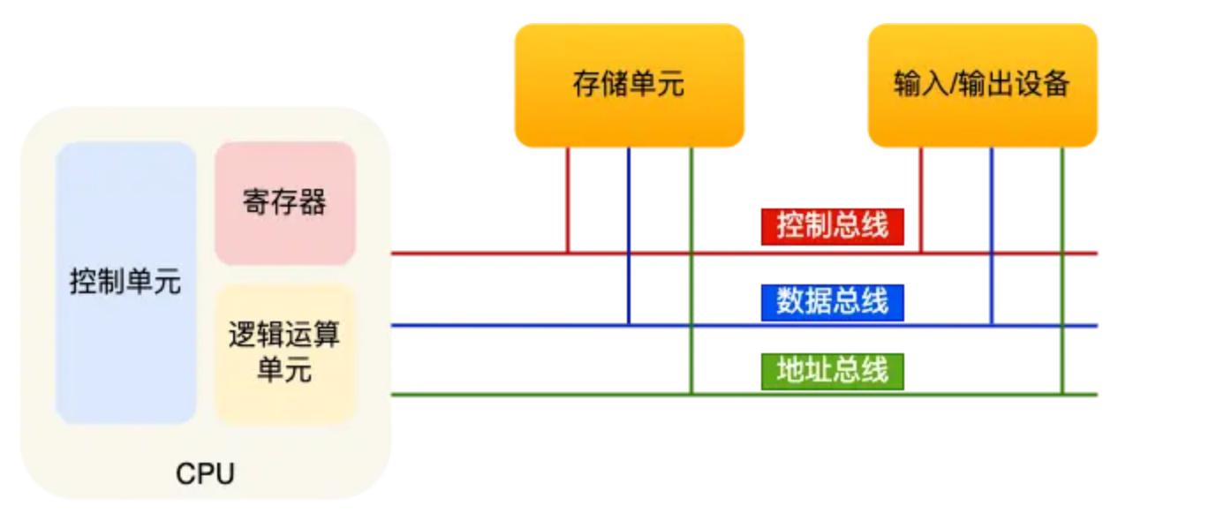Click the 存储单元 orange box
629,85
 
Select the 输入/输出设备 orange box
982,85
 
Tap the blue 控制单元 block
125,283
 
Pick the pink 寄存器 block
284,203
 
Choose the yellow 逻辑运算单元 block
284,352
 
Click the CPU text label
205,474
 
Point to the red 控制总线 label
832,226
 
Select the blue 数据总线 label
832,302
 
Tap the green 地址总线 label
832,371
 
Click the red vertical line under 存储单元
567,200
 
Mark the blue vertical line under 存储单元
629,235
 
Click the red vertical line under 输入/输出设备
921,200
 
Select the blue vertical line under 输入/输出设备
992,235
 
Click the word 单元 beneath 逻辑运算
284,370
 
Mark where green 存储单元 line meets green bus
691,394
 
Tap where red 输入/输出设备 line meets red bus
921,253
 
